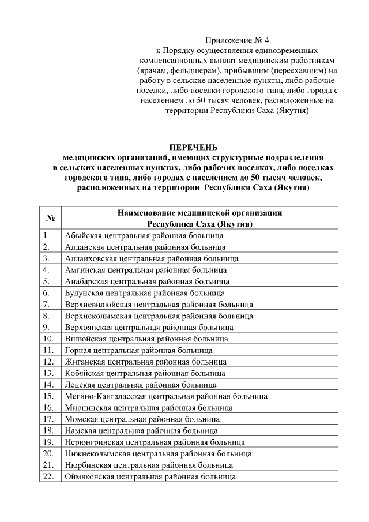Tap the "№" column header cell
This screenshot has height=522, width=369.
50,219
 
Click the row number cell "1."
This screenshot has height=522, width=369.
46,236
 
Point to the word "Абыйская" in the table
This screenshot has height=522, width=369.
81,236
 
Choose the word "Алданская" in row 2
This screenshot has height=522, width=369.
83,247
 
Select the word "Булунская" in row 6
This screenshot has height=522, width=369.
83,293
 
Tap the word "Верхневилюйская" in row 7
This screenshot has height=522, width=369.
96,305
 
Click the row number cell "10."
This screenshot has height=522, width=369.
48,339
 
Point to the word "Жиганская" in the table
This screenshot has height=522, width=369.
83,362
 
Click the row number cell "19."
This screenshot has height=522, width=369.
48,442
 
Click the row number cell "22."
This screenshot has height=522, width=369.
48,477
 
